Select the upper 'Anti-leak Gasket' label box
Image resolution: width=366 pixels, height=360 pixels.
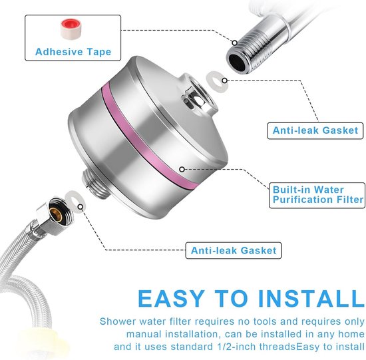pyautogui.click(x=315, y=130)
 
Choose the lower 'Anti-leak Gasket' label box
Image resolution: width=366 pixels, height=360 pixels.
pyautogui.click(x=234, y=251)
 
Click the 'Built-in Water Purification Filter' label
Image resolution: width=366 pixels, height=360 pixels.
pyautogui.click(x=318, y=194)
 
